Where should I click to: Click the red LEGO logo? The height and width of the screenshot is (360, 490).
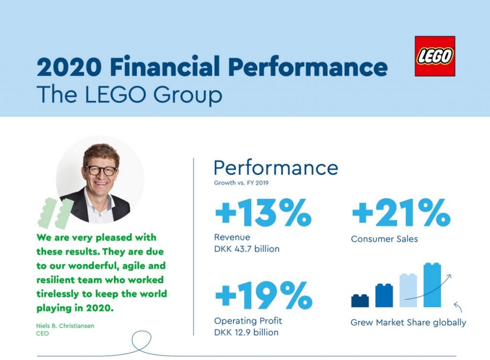(x=434, y=56)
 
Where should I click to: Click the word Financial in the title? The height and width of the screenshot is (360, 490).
(x=165, y=66)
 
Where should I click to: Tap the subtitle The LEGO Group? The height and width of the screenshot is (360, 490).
(x=129, y=94)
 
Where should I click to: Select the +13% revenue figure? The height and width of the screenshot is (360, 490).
(x=263, y=212)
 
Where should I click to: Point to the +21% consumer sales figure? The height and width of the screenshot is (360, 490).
(x=401, y=212)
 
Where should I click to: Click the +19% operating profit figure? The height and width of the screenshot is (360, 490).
(x=264, y=295)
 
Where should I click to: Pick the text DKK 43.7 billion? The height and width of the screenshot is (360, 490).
(x=246, y=249)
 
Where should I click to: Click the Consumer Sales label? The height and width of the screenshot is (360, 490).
(x=384, y=239)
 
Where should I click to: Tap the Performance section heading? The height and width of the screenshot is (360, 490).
(x=276, y=168)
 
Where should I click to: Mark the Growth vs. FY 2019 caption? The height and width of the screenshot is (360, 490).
(x=241, y=183)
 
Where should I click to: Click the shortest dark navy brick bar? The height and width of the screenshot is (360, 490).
(x=360, y=300)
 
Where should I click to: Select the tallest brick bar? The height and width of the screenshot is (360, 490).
(x=432, y=285)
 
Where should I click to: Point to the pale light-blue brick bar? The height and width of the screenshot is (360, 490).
(x=408, y=290)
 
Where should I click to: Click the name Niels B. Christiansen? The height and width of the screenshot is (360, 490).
(x=65, y=326)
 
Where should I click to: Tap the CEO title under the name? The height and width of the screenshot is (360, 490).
(x=43, y=333)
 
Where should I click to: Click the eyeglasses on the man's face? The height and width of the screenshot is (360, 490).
(x=100, y=171)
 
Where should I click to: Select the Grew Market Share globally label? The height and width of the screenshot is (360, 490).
(x=408, y=322)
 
